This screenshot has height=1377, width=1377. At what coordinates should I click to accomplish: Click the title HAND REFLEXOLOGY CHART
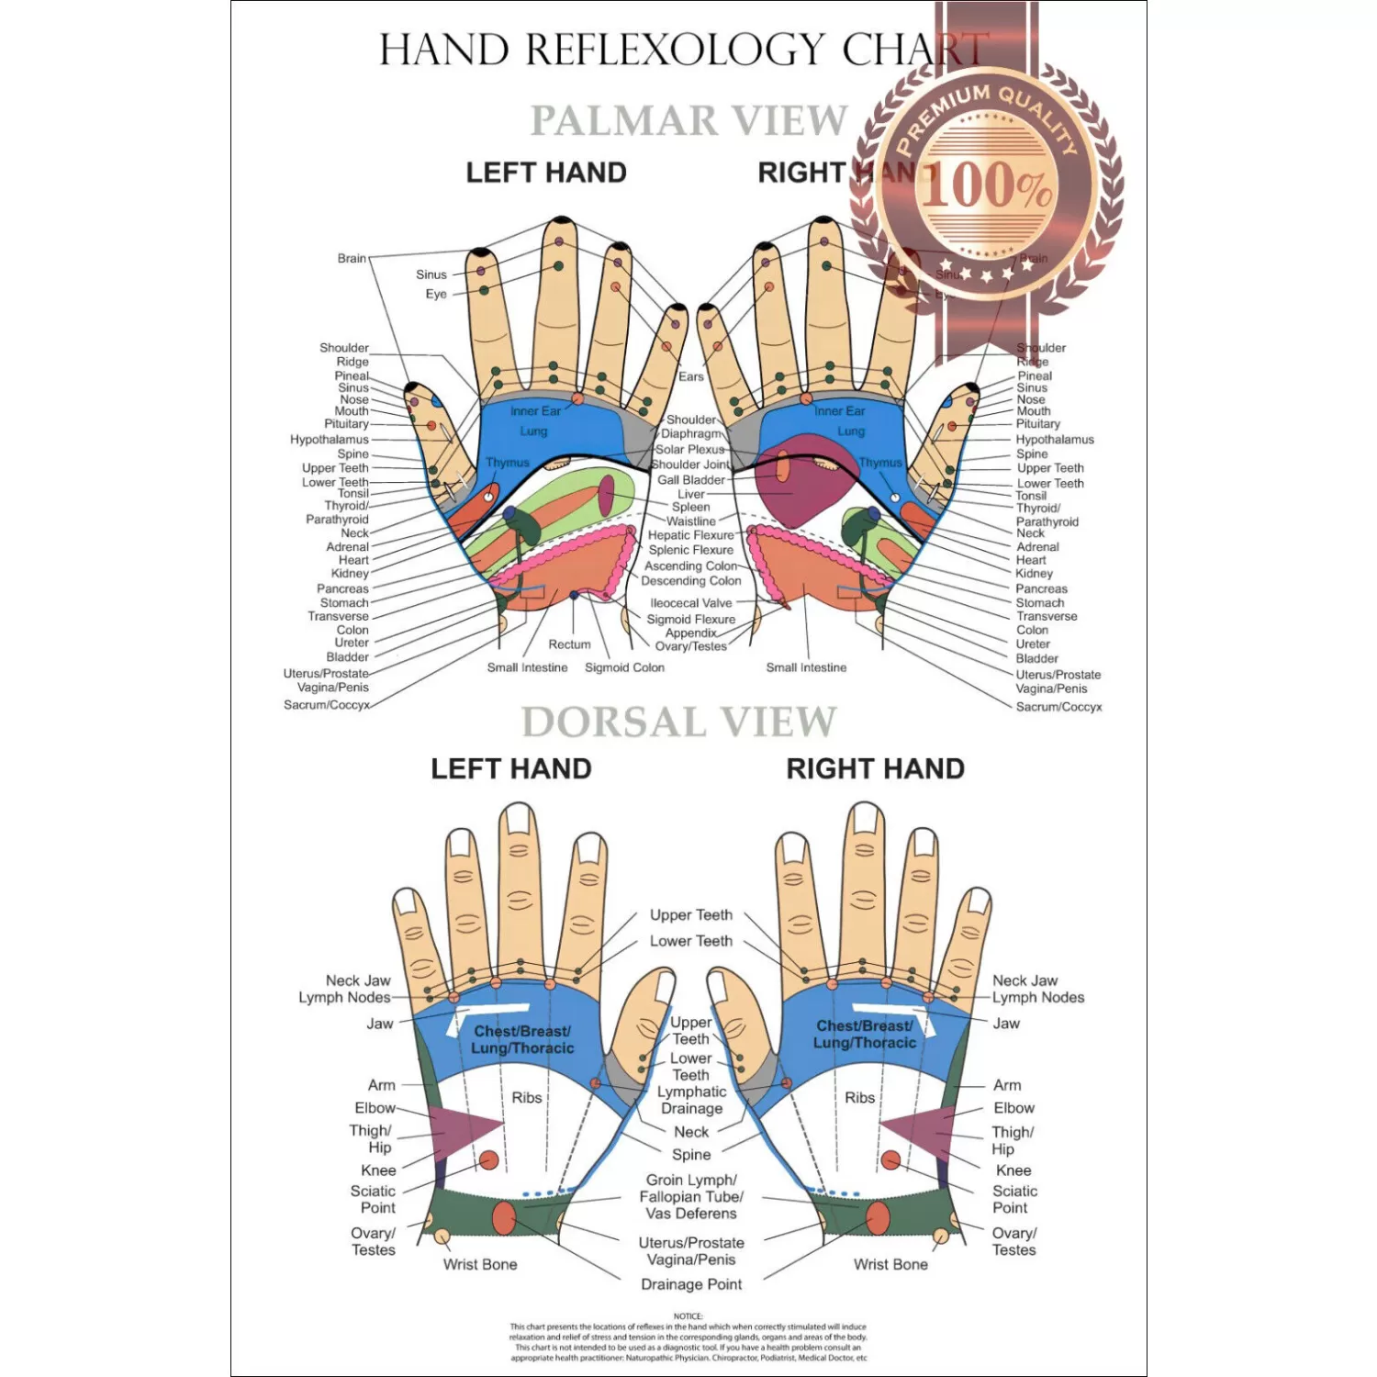[x=684, y=50]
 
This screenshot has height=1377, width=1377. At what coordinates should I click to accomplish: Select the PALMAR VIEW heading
[x=688, y=120]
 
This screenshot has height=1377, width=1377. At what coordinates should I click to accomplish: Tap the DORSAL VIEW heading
[x=678, y=722]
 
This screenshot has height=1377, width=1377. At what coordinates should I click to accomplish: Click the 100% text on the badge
[x=987, y=185]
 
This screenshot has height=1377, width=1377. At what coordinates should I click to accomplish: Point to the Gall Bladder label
[x=690, y=480]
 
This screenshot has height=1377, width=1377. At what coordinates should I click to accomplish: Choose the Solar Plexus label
[x=689, y=449]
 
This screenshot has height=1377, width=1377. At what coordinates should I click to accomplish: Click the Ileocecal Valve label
[x=690, y=603]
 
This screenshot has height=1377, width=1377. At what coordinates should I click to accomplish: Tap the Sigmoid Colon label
[x=624, y=667]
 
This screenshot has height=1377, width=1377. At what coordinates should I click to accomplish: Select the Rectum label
[x=569, y=644]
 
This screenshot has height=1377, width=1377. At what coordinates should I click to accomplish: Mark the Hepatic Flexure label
[x=690, y=535]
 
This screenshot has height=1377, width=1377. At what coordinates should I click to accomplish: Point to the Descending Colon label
[x=690, y=581]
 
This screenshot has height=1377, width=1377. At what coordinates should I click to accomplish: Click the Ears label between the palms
[x=690, y=376]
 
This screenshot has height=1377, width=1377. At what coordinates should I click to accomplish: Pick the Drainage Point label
[x=691, y=1284]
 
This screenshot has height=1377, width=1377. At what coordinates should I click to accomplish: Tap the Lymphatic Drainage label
[x=691, y=1100]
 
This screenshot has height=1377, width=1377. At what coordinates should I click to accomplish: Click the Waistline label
[x=690, y=521]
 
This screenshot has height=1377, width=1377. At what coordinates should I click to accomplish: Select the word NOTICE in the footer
[x=688, y=1316]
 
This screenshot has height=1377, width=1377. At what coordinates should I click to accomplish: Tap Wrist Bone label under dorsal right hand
[x=890, y=1264]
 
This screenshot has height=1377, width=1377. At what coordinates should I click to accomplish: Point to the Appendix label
[x=690, y=633]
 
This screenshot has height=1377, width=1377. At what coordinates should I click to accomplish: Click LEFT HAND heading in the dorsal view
[x=511, y=768]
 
